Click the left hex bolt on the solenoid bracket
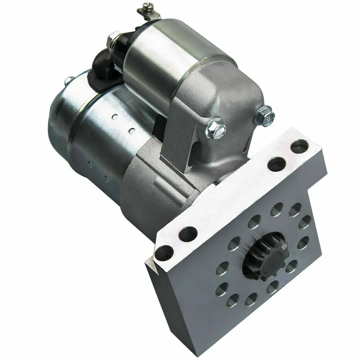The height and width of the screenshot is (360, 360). click(x=215, y=128)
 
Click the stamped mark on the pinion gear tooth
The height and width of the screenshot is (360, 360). click(x=283, y=247)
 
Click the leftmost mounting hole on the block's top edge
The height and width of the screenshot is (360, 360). click(x=164, y=253)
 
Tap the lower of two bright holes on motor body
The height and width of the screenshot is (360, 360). click(x=132, y=130)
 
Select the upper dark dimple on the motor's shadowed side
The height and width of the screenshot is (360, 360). click(x=89, y=164)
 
